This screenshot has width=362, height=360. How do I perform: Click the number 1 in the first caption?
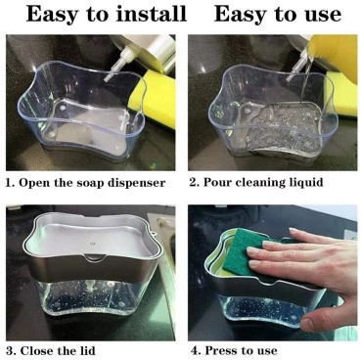tap(10, 183)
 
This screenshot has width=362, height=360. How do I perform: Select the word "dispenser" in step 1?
tap(136, 183)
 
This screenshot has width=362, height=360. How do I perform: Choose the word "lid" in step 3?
tap(87, 351)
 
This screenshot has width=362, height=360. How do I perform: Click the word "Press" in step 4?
tap(220, 351)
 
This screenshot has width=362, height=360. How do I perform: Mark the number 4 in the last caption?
tap(195, 351)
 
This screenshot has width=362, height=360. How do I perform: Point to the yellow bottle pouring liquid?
tap(335, 57)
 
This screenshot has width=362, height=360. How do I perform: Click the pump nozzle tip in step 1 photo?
tap(107, 77)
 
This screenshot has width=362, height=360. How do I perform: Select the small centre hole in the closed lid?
tap(92, 243)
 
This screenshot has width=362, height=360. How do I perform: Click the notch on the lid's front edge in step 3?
tap(94, 257)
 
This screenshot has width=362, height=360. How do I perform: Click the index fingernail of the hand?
tap(252, 251)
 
